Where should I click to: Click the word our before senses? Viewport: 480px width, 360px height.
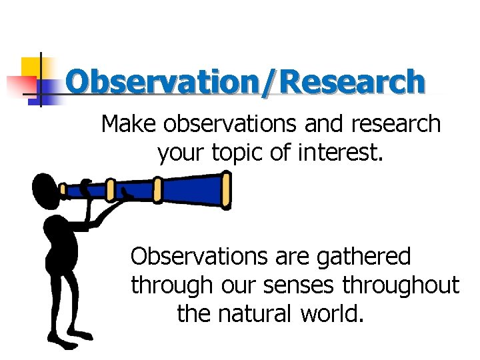coord(231,285)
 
